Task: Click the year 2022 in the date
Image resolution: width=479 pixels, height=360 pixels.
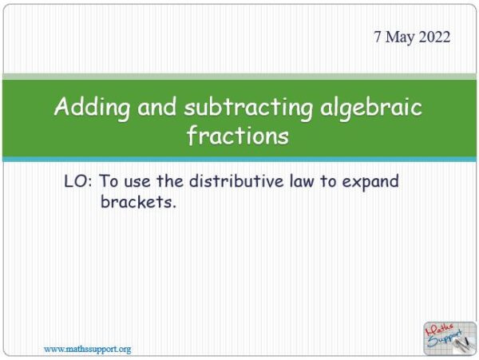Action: click(x=433, y=38)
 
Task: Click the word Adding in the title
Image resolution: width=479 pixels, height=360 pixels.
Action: click(x=87, y=108)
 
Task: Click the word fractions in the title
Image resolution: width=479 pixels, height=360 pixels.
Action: click(x=238, y=136)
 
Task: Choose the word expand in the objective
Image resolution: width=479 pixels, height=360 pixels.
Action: click(x=370, y=182)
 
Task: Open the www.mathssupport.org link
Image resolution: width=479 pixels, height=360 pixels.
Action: click(x=87, y=349)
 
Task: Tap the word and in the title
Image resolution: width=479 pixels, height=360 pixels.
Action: click(x=150, y=108)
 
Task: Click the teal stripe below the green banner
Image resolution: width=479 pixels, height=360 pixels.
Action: click(x=239, y=160)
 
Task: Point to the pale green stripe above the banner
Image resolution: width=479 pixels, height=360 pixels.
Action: click(x=239, y=77)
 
